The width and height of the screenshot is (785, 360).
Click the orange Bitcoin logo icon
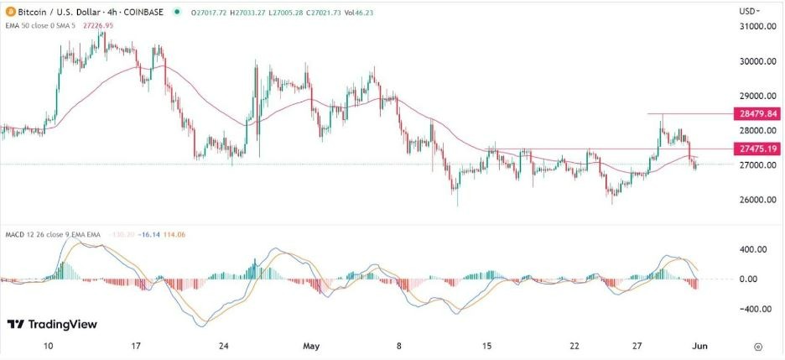(x=8, y=12)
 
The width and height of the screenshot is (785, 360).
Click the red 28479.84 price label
(x=758, y=113)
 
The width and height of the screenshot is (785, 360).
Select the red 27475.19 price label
(x=758, y=149)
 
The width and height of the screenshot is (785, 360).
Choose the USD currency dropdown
(x=751, y=11)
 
